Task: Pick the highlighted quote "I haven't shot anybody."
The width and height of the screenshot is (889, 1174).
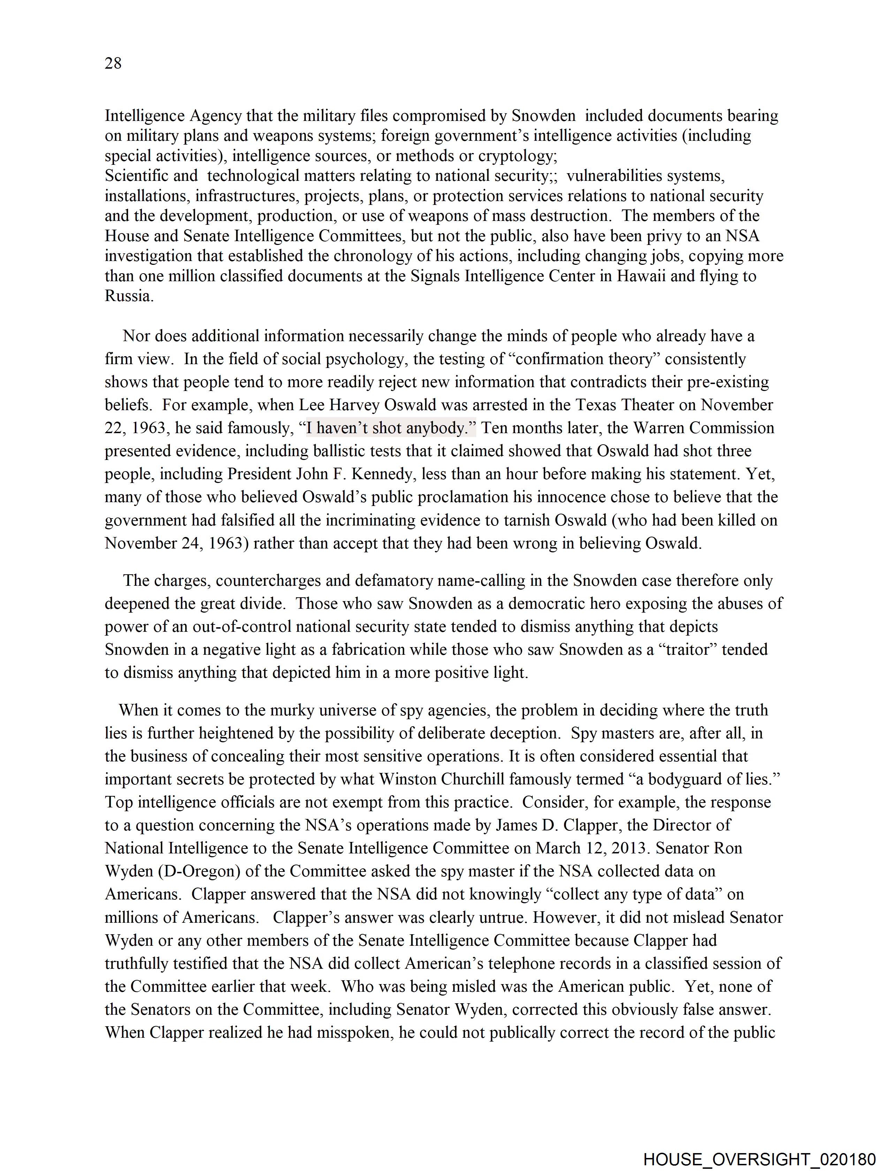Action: point(391,428)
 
